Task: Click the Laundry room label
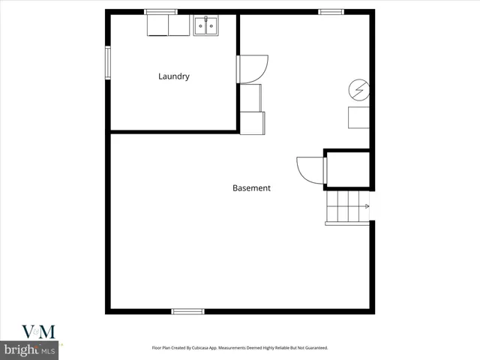click(x=173, y=76)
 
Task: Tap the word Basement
click(x=251, y=188)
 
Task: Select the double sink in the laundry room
click(x=205, y=27)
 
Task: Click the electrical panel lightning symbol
click(x=358, y=91)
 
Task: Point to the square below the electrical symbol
click(x=358, y=118)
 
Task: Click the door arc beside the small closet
click(x=309, y=169)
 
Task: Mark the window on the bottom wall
click(x=187, y=310)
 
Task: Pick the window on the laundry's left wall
click(x=108, y=63)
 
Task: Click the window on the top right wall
click(x=331, y=11)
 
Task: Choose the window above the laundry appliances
click(x=160, y=11)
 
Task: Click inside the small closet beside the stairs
click(x=346, y=169)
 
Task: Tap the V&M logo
click(x=30, y=331)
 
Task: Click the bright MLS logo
click(x=30, y=349)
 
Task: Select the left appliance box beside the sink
click(x=158, y=26)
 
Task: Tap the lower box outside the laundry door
click(x=253, y=122)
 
